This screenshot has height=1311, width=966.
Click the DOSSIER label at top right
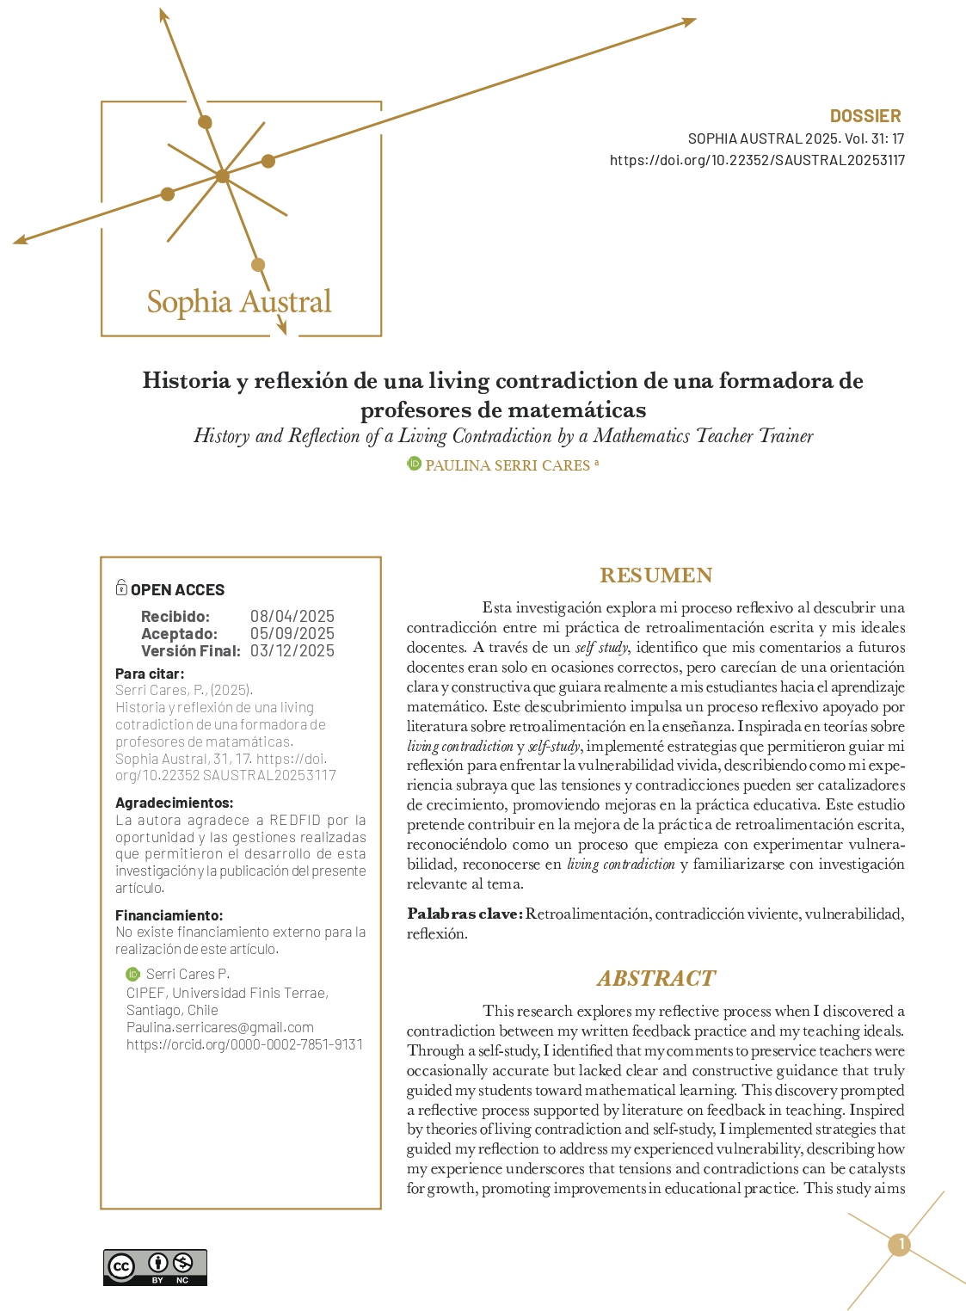click(x=864, y=116)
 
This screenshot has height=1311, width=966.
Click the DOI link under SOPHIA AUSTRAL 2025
click(x=757, y=160)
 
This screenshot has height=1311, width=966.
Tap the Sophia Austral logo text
click(x=239, y=302)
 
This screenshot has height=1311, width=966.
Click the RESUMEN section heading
click(x=655, y=575)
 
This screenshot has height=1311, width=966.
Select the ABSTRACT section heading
click(x=655, y=978)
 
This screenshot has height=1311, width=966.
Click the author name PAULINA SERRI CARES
click(x=508, y=465)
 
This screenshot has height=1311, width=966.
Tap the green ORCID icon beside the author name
click(x=414, y=465)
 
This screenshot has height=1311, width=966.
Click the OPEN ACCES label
click(x=177, y=589)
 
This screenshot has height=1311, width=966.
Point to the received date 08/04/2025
click(x=292, y=616)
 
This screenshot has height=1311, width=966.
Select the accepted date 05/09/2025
click(x=292, y=633)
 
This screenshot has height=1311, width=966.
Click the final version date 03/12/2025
click(x=292, y=650)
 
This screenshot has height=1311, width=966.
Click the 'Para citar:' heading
click(x=150, y=674)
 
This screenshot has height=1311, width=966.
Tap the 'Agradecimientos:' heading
click(x=174, y=803)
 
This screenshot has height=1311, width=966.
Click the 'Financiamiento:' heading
click(x=169, y=915)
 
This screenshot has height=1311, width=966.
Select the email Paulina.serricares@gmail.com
click(x=220, y=1027)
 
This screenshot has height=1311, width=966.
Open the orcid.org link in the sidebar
click(x=244, y=1044)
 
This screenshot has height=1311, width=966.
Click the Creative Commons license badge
click(x=155, y=1267)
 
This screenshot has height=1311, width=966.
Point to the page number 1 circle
click(x=900, y=1244)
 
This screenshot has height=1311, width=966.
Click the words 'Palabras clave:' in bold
click(x=465, y=914)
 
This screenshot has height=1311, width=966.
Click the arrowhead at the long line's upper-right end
click(x=689, y=22)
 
